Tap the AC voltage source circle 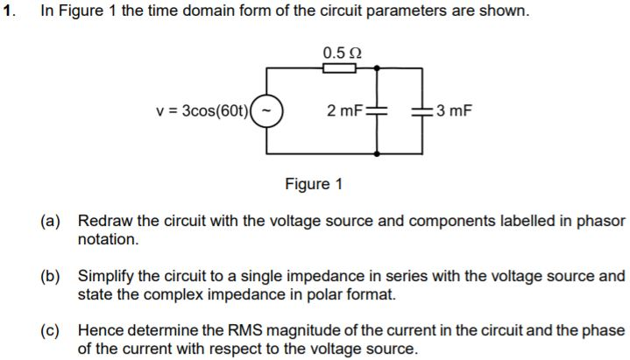pyautogui.click(x=270, y=111)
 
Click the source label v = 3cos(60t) pyautogui.click(x=202, y=111)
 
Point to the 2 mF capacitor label pyautogui.click(x=343, y=111)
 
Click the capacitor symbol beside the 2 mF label pyautogui.click(x=376, y=111)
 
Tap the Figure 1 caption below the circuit pyautogui.click(x=314, y=184)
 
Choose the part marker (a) pyautogui.click(x=51, y=221)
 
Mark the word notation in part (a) pyautogui.click(x=108, y=239)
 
